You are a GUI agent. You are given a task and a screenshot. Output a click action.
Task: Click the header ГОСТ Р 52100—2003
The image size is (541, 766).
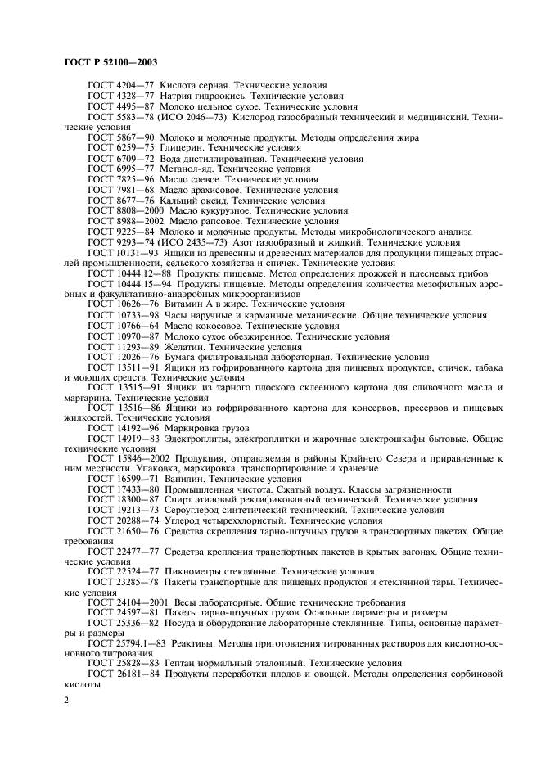pyautogui.click(x=110, y=63)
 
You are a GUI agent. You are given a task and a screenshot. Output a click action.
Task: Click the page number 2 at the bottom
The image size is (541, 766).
pyautogui.click(x=67, y=701)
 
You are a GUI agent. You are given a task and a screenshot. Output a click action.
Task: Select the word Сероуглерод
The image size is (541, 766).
pyautogui.click(x=195, y=508)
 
